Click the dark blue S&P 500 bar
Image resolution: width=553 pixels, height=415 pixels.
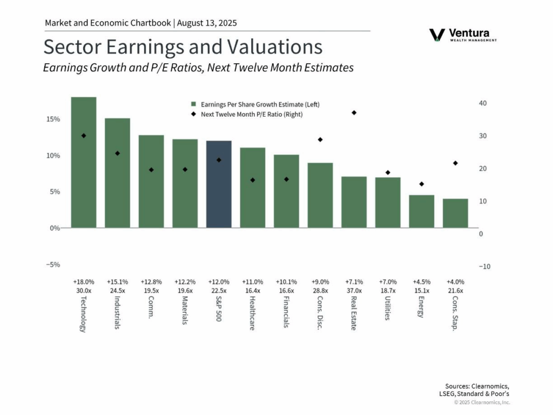219,184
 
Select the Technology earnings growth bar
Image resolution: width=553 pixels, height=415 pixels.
84,162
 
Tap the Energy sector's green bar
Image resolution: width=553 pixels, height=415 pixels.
421,211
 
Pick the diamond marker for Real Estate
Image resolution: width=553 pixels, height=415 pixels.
354,112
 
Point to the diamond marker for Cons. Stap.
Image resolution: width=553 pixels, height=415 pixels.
455,163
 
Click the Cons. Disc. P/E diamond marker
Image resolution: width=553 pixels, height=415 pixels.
320,139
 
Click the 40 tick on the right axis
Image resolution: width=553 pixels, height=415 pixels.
484,103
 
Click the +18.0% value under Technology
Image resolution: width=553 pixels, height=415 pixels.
84,282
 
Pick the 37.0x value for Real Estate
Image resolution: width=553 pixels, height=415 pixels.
354,291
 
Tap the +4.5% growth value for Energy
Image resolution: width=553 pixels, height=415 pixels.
422,282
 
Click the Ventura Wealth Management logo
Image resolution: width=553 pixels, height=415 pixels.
463,35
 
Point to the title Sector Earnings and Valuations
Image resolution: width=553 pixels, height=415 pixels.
183,47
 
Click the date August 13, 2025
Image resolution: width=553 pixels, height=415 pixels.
207,23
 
